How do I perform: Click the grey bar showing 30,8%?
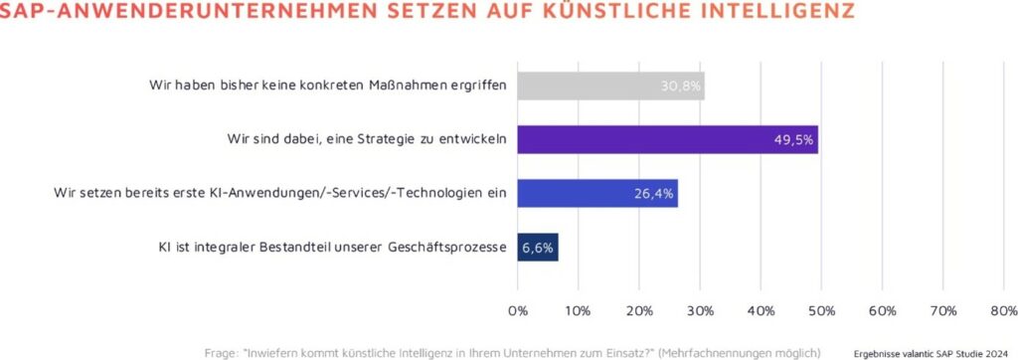pyautogui.click(x=610, y=86)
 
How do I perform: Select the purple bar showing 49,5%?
pyautogui.click(x=667, y=139)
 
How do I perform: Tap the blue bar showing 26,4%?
pyautogui.click(x=596, y=193)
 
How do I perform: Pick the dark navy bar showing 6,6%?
pyautogui.click(x=538, y=247)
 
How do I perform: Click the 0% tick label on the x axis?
pyautogui.click(x=518, y=311)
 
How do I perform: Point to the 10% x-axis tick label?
pyautogui.click(x=579, y=311)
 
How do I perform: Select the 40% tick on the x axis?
pyautogui.click(x=761, y=311)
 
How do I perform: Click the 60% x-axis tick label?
pyautogui.click(x=882, y=311)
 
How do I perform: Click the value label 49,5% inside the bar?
pyautogui.click(x=794, y=139)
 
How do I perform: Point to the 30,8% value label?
pyautogui.click(x=681, y=87)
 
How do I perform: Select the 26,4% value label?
pyautogui.click(x=654, y=193)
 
